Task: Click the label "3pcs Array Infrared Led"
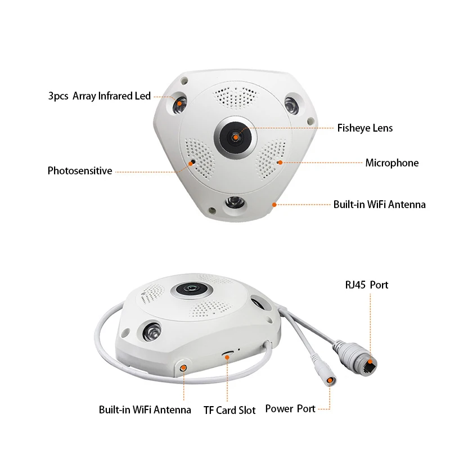[x=100, y=96]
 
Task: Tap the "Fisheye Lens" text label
[x=364, y=128]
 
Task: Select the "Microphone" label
[x=391, y=163]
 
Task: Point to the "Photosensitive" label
[x=80, y=170]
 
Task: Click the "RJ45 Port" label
[x=366, y=285]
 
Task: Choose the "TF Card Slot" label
[x=229, y=410]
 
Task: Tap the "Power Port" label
[x=290, y=409]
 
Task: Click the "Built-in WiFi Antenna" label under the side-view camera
[x=145, y=410]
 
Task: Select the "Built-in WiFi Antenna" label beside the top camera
[x=379, y=204]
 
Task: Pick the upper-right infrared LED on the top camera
[x=291, y=105]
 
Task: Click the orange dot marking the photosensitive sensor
[x=192, y=161]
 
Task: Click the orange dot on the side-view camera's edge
[x=184, y=367]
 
